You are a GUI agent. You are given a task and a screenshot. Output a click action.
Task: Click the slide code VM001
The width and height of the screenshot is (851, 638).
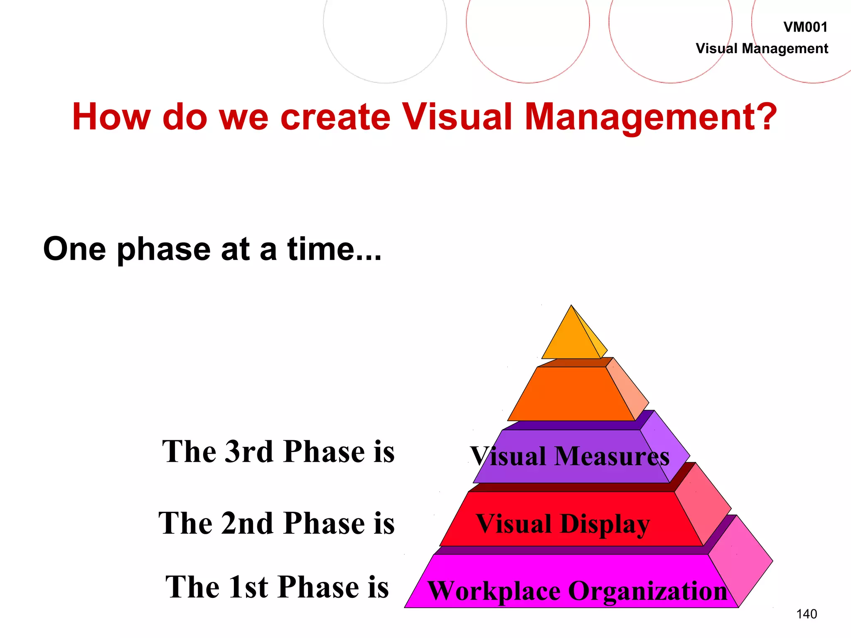[805, 27]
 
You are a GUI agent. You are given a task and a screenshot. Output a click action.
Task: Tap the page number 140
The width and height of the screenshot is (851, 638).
[806, 614]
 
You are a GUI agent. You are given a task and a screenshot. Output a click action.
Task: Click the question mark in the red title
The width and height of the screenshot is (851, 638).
[763, 117]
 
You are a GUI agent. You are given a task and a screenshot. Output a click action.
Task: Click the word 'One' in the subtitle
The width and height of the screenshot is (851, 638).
[74, 249]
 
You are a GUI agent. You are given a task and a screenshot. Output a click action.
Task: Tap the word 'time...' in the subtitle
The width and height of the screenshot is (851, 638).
[334, 249]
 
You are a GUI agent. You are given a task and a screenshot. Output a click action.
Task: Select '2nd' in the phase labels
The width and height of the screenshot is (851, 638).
[248, 523]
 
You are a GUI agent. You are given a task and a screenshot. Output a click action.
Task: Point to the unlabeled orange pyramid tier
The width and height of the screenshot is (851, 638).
[571, 395]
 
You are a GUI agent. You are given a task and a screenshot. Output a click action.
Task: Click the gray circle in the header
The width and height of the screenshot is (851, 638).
[385, 25]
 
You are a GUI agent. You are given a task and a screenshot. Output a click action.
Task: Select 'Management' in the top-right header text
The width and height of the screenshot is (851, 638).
[785, 49]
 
